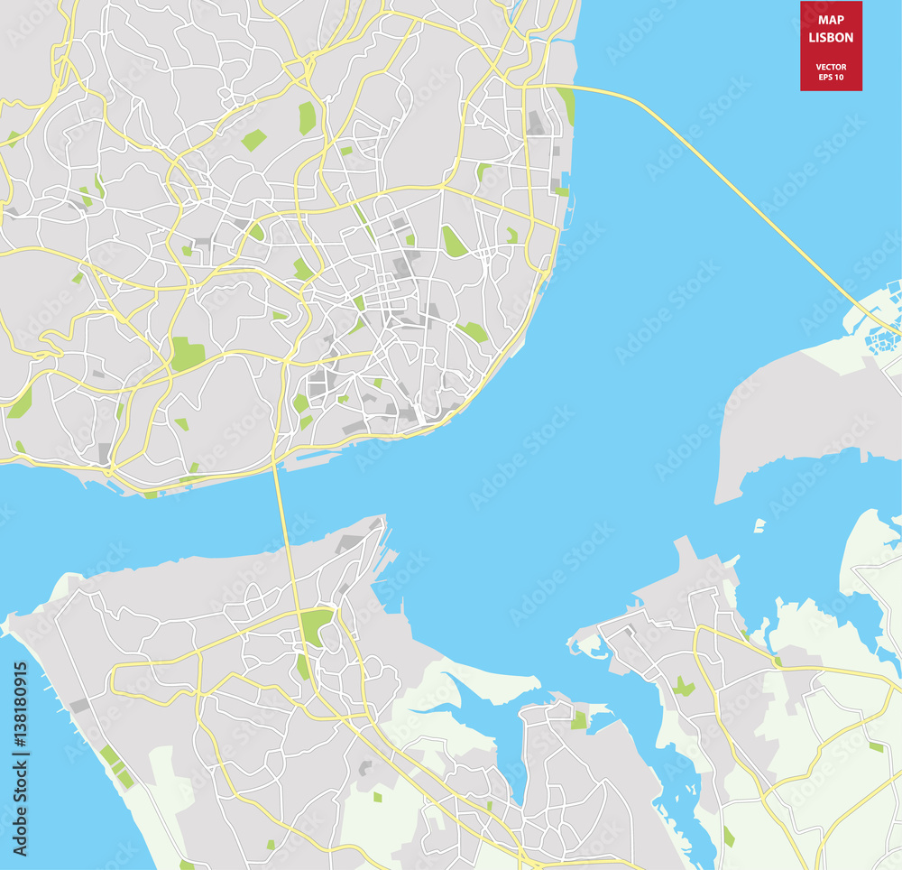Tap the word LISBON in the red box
(831, 38)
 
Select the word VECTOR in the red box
(831, 66)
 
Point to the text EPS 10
(831, 77)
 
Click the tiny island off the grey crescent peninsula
(759, 525)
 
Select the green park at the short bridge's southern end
(315, 625)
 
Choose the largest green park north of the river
(188, 353)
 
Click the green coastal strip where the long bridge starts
(566, 104)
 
